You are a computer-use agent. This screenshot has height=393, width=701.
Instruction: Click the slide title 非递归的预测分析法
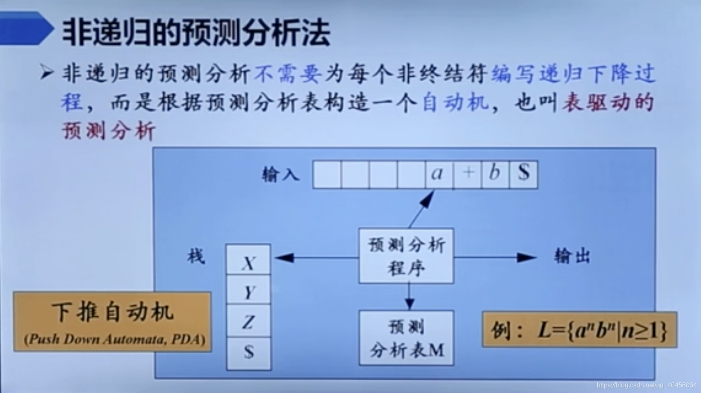196,32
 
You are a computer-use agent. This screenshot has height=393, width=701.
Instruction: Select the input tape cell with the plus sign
467,174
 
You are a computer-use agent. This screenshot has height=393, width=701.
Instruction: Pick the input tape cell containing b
495,174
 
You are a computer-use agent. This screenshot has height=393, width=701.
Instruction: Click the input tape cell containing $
523,174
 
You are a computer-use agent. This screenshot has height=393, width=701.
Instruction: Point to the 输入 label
281,175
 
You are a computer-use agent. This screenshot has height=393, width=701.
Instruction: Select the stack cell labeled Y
248,290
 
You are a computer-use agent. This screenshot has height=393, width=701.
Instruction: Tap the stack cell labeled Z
248,321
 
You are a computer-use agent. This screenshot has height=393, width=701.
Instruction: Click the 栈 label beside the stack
196,257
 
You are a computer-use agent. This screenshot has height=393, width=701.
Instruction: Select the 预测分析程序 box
406,256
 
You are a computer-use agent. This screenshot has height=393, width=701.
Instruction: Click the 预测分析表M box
406,338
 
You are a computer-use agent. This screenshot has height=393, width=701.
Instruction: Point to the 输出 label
572,257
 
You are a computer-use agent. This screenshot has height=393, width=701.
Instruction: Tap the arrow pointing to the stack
316,258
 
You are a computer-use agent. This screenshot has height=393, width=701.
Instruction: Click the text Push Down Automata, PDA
114,340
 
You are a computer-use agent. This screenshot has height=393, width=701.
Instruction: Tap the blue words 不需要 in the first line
287,74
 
